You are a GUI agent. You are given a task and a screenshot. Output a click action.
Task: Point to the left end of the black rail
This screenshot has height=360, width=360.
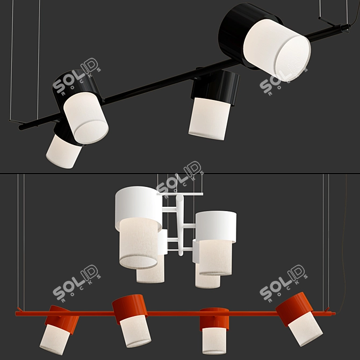21,127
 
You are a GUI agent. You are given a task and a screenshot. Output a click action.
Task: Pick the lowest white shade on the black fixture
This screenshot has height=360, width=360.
63,152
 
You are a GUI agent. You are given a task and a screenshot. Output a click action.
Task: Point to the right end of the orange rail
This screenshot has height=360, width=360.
333,313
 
